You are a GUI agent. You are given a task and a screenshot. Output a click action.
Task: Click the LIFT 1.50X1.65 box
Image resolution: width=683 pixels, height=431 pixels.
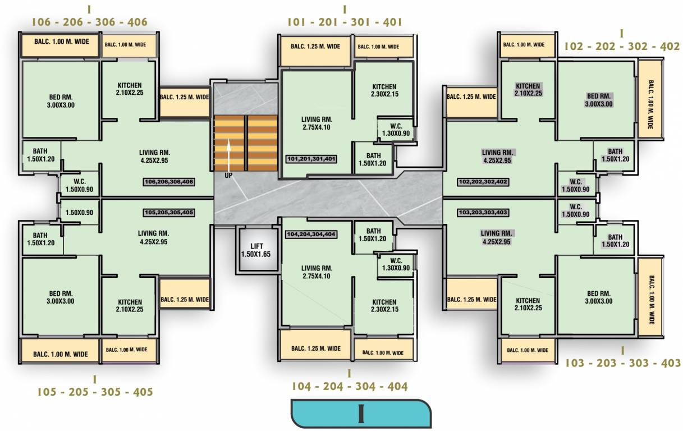(x=256, y=250)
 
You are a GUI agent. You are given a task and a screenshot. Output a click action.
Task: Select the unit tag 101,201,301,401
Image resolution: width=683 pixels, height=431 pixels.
(x=311, y=159)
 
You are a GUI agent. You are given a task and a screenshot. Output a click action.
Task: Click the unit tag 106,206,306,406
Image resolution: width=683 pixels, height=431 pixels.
(x=169, y=182)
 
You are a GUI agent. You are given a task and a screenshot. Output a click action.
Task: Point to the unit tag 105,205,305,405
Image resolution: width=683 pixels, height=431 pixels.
(x=169, y=213)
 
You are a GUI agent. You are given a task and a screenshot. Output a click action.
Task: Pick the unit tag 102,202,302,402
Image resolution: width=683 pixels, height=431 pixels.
(x=483, y=182)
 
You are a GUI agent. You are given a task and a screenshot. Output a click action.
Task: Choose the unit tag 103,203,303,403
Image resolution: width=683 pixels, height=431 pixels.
(x=483, y=213)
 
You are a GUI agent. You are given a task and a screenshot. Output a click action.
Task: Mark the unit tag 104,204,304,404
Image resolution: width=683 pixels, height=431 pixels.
(x=311, y=234)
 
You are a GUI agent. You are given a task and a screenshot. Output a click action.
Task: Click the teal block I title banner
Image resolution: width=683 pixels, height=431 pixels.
(x=361, y=414)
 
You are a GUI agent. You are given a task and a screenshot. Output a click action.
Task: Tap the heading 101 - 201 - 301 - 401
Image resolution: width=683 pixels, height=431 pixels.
(x=345, y=22)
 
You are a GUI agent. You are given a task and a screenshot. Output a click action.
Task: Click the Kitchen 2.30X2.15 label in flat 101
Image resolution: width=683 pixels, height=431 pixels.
(x=384, y=90)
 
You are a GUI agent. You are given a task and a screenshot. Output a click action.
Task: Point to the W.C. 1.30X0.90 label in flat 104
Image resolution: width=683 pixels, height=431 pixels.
(x=396, y=264)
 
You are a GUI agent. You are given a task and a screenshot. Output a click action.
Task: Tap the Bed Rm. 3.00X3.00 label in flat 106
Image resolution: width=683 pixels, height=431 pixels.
(x=61, y=101)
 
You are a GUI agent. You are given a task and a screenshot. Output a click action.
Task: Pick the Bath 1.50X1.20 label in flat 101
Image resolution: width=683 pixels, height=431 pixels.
(x=373, y=159)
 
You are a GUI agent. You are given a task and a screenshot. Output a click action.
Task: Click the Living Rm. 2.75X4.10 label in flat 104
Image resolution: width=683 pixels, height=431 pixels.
(x=317, y=272)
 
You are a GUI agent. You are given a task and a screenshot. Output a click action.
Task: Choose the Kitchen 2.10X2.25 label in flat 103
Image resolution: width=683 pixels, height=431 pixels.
(x=528, y=305)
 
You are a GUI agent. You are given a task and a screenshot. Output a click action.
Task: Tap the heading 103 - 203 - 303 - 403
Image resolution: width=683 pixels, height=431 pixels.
(x=622, y=363)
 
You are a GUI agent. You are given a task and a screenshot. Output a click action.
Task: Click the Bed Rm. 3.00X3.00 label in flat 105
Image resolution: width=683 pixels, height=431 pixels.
(x=61, y=297)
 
